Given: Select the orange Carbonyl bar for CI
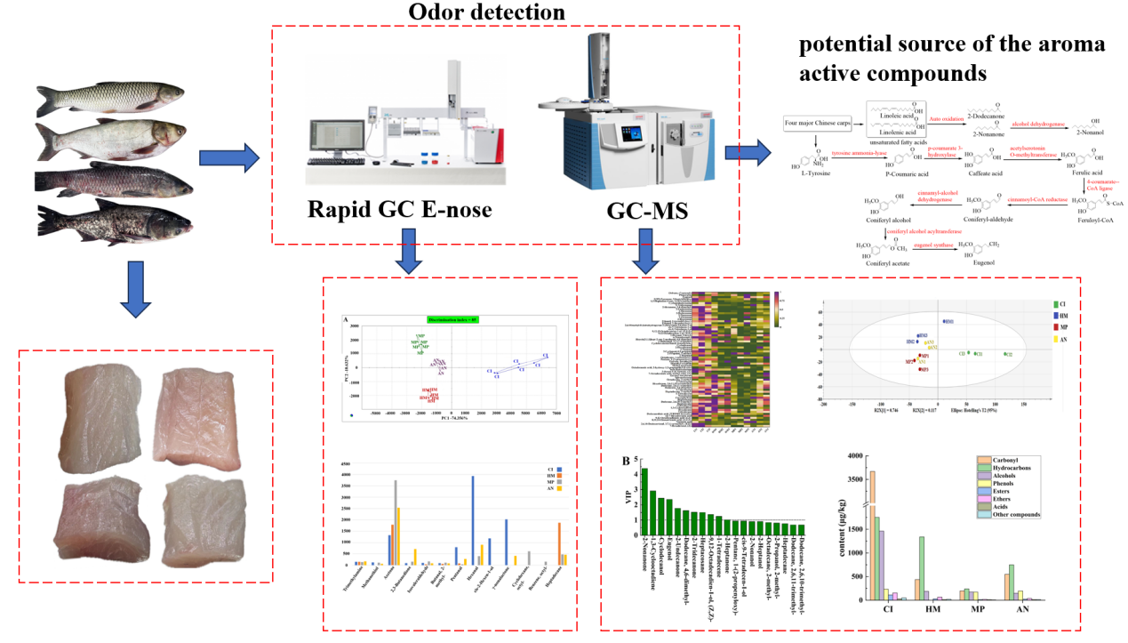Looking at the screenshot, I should [x=872, y=534].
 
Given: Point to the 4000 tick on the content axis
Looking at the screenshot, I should [x=853, y=456].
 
